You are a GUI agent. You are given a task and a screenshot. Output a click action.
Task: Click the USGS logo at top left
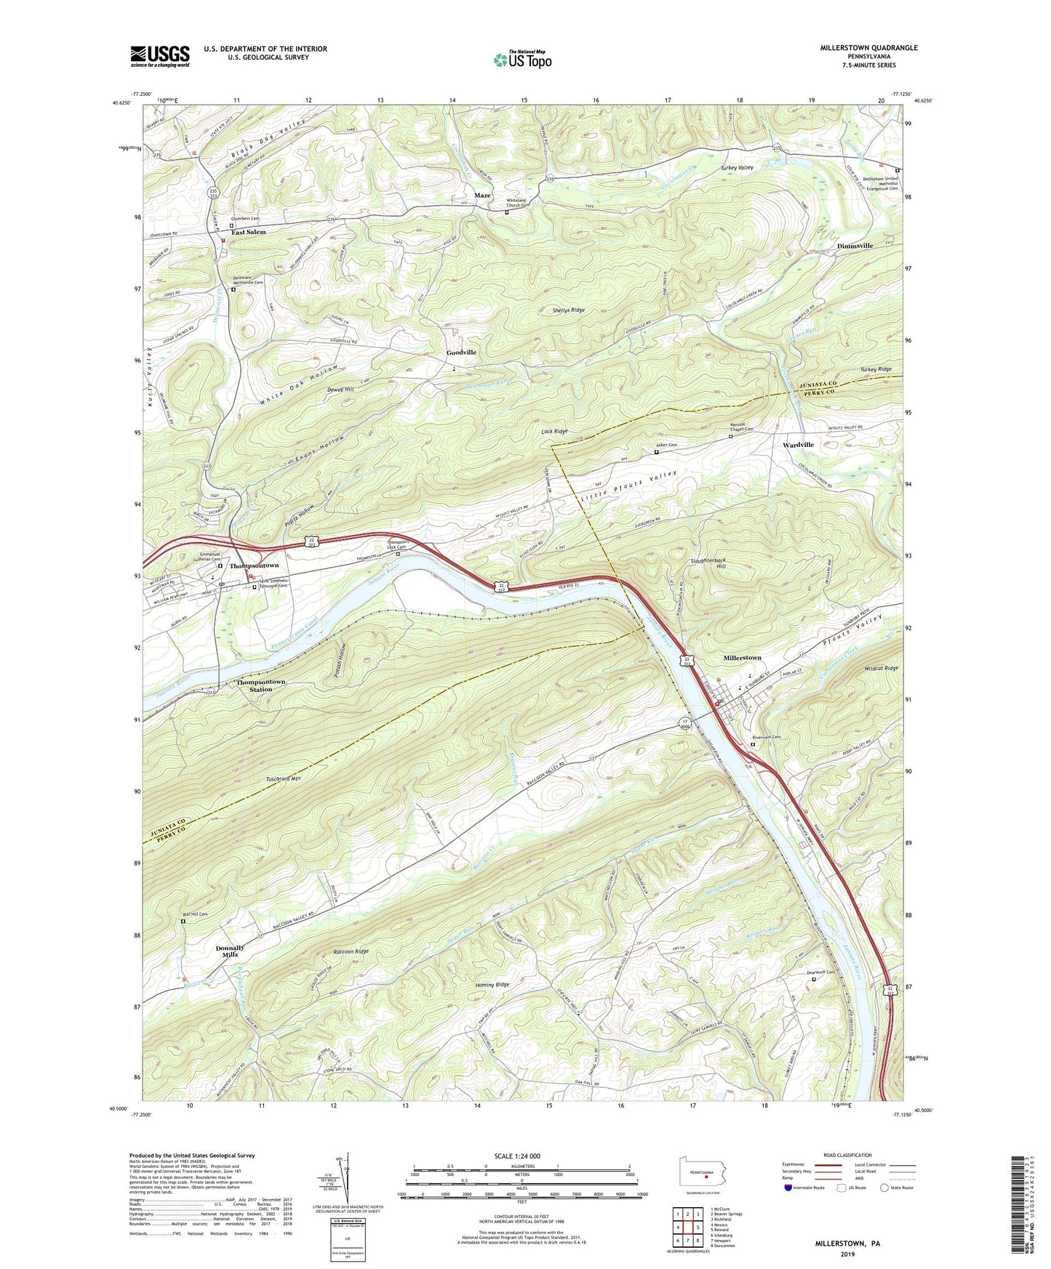pos(159,56)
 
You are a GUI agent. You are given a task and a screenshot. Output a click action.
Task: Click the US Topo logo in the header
pos(522,60)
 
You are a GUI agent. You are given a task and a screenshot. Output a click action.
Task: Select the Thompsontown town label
pos(254,565)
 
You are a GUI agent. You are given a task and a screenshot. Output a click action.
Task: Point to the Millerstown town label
pos(742,658)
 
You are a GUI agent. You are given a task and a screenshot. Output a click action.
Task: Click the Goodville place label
pos(461,352)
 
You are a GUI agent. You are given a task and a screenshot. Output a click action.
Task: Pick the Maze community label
pos(482,196)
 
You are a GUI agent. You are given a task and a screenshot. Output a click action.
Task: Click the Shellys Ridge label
pos(568,310)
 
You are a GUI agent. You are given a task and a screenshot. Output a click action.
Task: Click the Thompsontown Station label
pos(260,685)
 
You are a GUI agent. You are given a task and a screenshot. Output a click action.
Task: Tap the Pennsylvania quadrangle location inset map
pos(701,1177)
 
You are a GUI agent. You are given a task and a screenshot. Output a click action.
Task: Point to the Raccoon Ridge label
pos(351,951)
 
